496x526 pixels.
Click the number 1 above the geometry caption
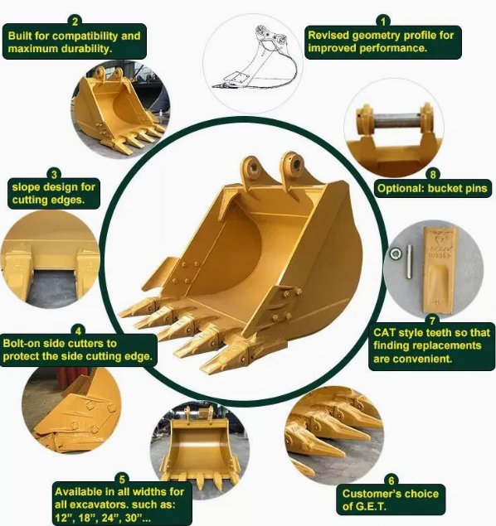[x=383, y=22]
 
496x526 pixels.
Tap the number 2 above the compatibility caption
[x=75, y=22]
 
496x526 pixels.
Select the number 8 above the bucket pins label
[x=433, y=175]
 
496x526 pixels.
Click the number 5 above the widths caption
[x=122, y=479]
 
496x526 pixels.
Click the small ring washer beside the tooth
[x=396, y=253]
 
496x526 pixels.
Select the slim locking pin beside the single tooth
[x=410, y=262]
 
